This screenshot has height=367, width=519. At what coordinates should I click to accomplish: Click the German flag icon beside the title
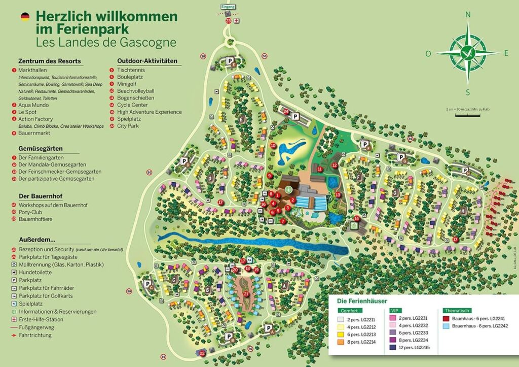(24, 17)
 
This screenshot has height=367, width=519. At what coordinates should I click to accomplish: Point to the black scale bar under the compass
(467, 115)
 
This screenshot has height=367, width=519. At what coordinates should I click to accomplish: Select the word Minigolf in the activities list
(127, 83)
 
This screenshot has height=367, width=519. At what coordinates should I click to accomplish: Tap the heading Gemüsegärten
(40, 148)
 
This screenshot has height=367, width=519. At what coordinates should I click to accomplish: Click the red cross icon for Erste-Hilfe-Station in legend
(13, 319)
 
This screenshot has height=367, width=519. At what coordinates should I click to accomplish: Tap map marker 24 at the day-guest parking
(286, 111)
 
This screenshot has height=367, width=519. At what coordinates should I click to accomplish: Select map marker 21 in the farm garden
(246, 293)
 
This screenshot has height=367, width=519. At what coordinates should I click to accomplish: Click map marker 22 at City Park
(202, 353)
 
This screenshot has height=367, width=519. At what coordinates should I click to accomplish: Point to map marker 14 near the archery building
(357, 219)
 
